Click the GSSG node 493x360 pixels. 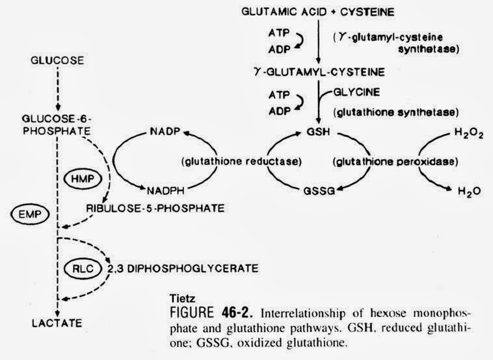(319, 191)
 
